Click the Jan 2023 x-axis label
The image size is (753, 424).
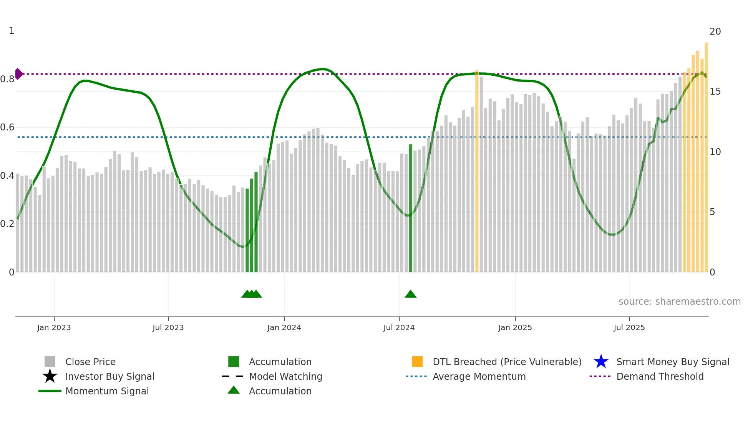coord(54,327)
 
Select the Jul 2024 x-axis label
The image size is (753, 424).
coord(399,327)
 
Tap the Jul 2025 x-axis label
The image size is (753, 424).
coord(629,327)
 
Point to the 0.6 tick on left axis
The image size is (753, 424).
coord(7,127)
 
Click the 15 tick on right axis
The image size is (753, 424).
coord(715,92)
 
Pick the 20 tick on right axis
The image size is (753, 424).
coord(715,32)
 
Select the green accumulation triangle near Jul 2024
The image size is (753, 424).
coord(410,294)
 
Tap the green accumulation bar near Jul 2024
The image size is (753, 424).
coord(410,208)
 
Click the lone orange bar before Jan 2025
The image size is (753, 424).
coord(477,171)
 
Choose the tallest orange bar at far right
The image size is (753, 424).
coord(706,158)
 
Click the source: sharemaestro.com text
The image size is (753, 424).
coord(679,302)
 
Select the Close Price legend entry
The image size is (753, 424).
coord(90,362)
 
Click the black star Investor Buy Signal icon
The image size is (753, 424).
coord(50,376)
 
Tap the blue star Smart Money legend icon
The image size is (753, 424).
coord(601,362)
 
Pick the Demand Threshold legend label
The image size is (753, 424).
coord(660,376)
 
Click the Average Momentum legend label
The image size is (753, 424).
coord(479,376)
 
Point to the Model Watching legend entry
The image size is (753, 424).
coord(285,376)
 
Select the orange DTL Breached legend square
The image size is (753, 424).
coord(417,362)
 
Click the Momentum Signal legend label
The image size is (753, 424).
coord(107,391)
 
